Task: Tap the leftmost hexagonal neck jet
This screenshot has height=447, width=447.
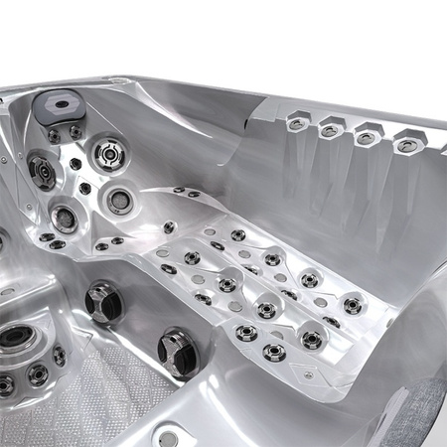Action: (296, 123)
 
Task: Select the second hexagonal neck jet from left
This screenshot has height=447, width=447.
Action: (329, 130)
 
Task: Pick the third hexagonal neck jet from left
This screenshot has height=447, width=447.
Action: (367, 138)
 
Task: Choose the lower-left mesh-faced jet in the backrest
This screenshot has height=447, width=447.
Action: (65, 216)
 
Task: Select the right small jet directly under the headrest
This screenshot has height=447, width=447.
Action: (75, 131)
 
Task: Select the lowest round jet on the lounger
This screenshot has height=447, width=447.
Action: (275, 353)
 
